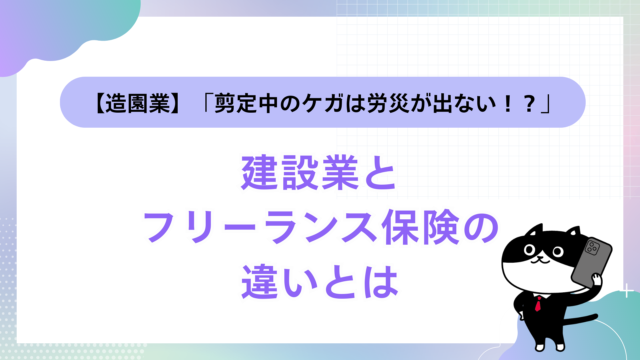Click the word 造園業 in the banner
pos(138,103)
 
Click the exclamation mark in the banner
pos(508,103)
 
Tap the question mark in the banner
pos(529,103)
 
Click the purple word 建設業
pos(300,173)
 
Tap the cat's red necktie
pos(538,304)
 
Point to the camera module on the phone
pos(592,247)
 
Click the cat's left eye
pos(529,249)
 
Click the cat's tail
pos(580,319)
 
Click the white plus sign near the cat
pos(627,291)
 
